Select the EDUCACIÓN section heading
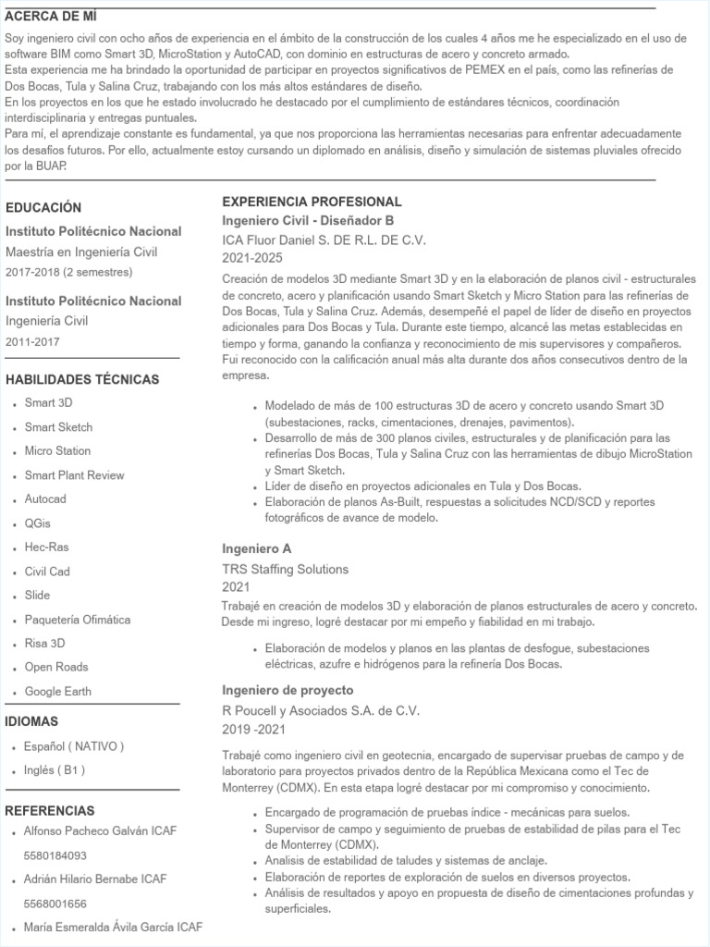[x=43, y=208]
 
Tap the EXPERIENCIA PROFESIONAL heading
[x=312, y=202]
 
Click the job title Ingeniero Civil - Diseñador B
[x=308, y=220]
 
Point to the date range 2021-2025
[x=252, y=257]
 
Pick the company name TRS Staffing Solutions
[x=285, y=569]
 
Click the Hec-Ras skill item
[x=47, y=547]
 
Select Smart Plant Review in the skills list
[x=74, y=475]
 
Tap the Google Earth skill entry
[x=58, y=692]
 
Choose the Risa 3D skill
[x=45, y=644]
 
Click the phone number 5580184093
[x=55, y=855]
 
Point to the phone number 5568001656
[x=55, y=904]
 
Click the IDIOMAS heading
[x=31, y=721]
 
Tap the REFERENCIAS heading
[x=50, y=811]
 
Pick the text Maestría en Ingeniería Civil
[x=81, y=252]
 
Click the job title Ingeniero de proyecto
[x=288, y=691]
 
